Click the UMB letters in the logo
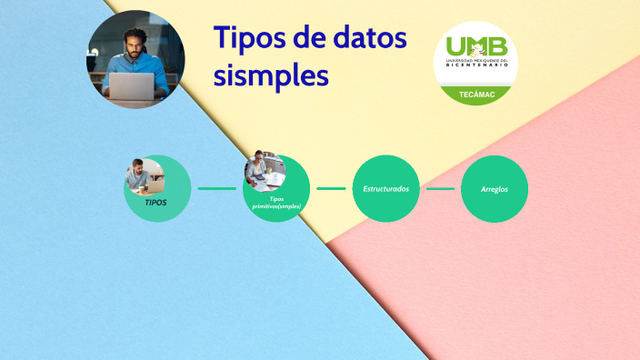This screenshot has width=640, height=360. (x=475, y=45)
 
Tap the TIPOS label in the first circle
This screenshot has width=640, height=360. (x=156, y=202)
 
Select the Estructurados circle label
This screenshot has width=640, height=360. (x=385, y=188)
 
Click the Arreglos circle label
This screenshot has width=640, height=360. (x=495, y=189)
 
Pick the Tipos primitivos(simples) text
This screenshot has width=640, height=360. (x=276, y=202)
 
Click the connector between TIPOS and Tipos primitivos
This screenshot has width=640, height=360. (x=216, y=188)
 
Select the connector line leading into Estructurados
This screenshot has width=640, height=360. (x=331, y=188)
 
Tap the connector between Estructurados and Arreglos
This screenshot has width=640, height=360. (x=440, y=189)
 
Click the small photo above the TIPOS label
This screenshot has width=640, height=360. (x=145, y=175)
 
